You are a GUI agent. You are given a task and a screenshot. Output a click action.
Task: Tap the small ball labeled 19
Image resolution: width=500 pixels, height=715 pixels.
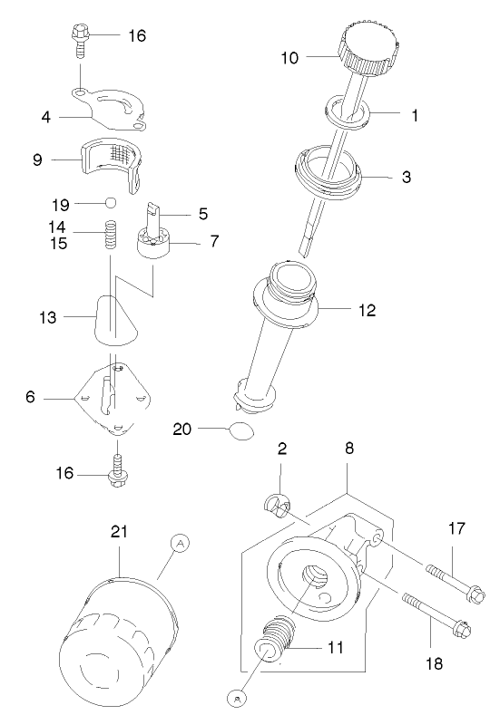[110, 202]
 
